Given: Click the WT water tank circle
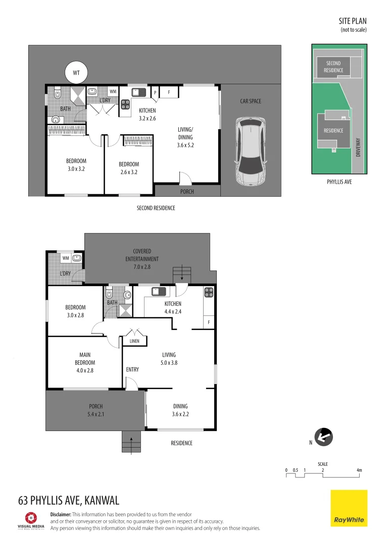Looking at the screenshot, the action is pyautogui.click(x=76, y=73).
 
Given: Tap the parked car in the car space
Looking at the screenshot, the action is pyautogui.click(x=251, y=150).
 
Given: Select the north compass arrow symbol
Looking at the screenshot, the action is pyautogui.click(x=324, y=437).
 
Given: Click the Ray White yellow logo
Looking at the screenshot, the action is pyautogui.click(x=349, y=508).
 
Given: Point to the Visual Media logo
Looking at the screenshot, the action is pyautogui.click(x=31, y=521).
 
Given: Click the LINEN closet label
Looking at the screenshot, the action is pyautogui.click(x=134, y=341).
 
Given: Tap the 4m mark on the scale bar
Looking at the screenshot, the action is pyautogui.click(x=359, y=470).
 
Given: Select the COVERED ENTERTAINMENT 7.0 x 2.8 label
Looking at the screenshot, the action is pyautogui.click(x=142, y=259).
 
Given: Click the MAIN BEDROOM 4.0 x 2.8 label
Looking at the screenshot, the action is pyautogui.click(x=85, y=362).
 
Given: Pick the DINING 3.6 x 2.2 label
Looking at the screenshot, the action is pyautogui.click(x=180, y=410).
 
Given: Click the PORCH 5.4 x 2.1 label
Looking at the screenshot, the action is pyautogui.click(x=95, y=410).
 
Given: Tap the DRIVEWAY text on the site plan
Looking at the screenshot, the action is pyautogui.click(x=358, y=147).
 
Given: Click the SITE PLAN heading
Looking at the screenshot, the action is pyautogui.click(x=353, y=21).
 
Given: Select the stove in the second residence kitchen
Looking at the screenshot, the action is pyautogui.click(x=125, y=104).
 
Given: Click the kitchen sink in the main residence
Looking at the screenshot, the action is pyautogui.click(x=159, y=292).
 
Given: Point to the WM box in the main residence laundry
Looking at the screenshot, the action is pyautogui.click(x=66, y=258).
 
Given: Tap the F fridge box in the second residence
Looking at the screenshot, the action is pyautogui.click(x=169, y=92).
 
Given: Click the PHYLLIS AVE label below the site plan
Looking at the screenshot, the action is pyautogui.click(x=340, y=182).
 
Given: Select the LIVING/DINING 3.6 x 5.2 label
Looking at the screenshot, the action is pyautogui.click(x=185, y=137).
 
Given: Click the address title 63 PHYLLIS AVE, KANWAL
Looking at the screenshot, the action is pyautogui.click(x=69, y=500).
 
